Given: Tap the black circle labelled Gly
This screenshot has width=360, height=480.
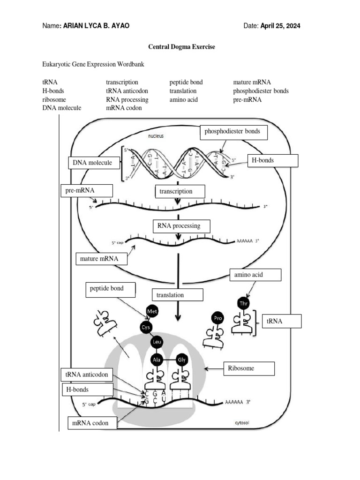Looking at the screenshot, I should pos(182,360).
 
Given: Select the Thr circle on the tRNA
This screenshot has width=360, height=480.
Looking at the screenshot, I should pos(244,304).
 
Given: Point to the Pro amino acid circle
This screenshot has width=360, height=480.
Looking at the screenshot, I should pos(218,318).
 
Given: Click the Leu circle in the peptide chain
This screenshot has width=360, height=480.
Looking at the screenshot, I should pos(157,343).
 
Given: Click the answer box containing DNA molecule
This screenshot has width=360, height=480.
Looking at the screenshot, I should pos(93,163).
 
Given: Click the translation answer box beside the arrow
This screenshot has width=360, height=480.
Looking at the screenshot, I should pos(177,295).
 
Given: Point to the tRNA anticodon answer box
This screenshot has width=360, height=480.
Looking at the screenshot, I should pos(87,375).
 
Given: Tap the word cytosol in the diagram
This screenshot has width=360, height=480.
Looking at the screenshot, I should pos(242,422).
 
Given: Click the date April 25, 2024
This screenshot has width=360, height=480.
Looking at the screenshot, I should pos(280,26).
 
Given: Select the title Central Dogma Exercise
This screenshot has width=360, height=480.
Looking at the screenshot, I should pos(182,47).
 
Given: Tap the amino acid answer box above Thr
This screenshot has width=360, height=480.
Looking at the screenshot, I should pos(255,275).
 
